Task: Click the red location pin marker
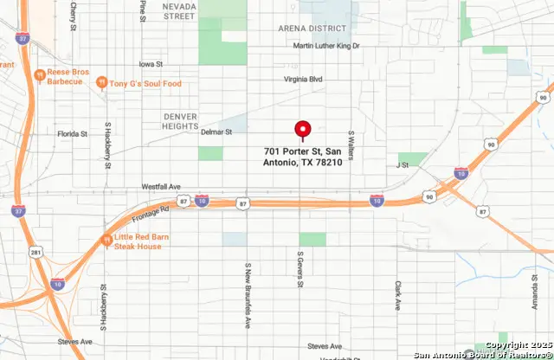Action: [302, 130]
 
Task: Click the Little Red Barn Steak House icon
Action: [106, 240]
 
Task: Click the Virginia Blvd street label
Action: [303, 79]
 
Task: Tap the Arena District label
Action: [312, 29]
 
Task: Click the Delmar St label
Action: [216, 132]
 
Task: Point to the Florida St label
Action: [72, 134]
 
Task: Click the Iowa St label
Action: [151, 64]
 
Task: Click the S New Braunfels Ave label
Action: [248, 285]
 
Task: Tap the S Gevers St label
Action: [300, 269]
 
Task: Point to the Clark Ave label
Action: [398, 295]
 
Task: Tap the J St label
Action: [402, 164]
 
